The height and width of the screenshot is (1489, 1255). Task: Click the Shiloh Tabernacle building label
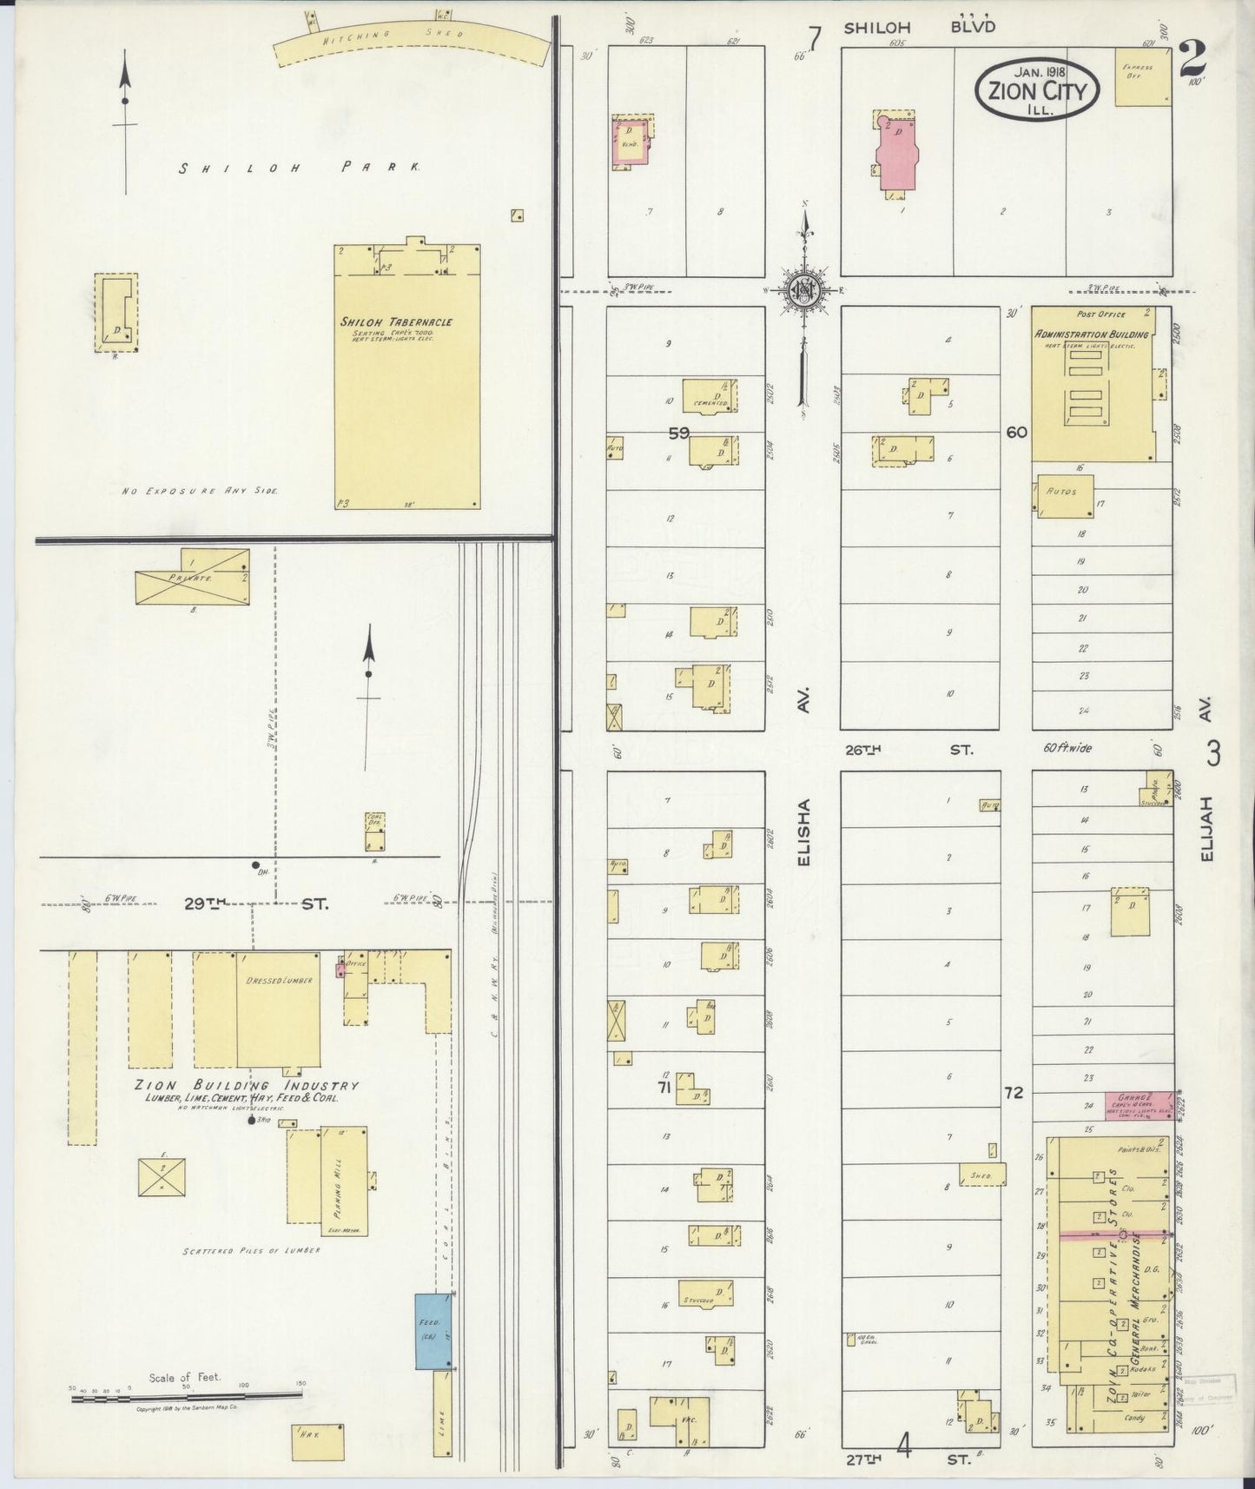point(396,322)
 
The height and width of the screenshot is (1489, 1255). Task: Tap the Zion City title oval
point(1036,89)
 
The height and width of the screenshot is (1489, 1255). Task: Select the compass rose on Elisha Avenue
point(805,290)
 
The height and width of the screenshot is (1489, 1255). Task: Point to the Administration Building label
point(1091,334)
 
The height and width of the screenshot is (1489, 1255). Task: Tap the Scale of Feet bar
point(186,1396)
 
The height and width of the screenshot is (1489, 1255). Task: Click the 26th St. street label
point(908,749)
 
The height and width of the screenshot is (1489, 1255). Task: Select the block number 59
point(678,432)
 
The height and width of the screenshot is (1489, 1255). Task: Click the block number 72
point(1014,1092)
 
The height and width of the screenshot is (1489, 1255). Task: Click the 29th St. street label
point(256,904)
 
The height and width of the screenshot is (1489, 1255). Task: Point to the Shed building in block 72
point(981,1174)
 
